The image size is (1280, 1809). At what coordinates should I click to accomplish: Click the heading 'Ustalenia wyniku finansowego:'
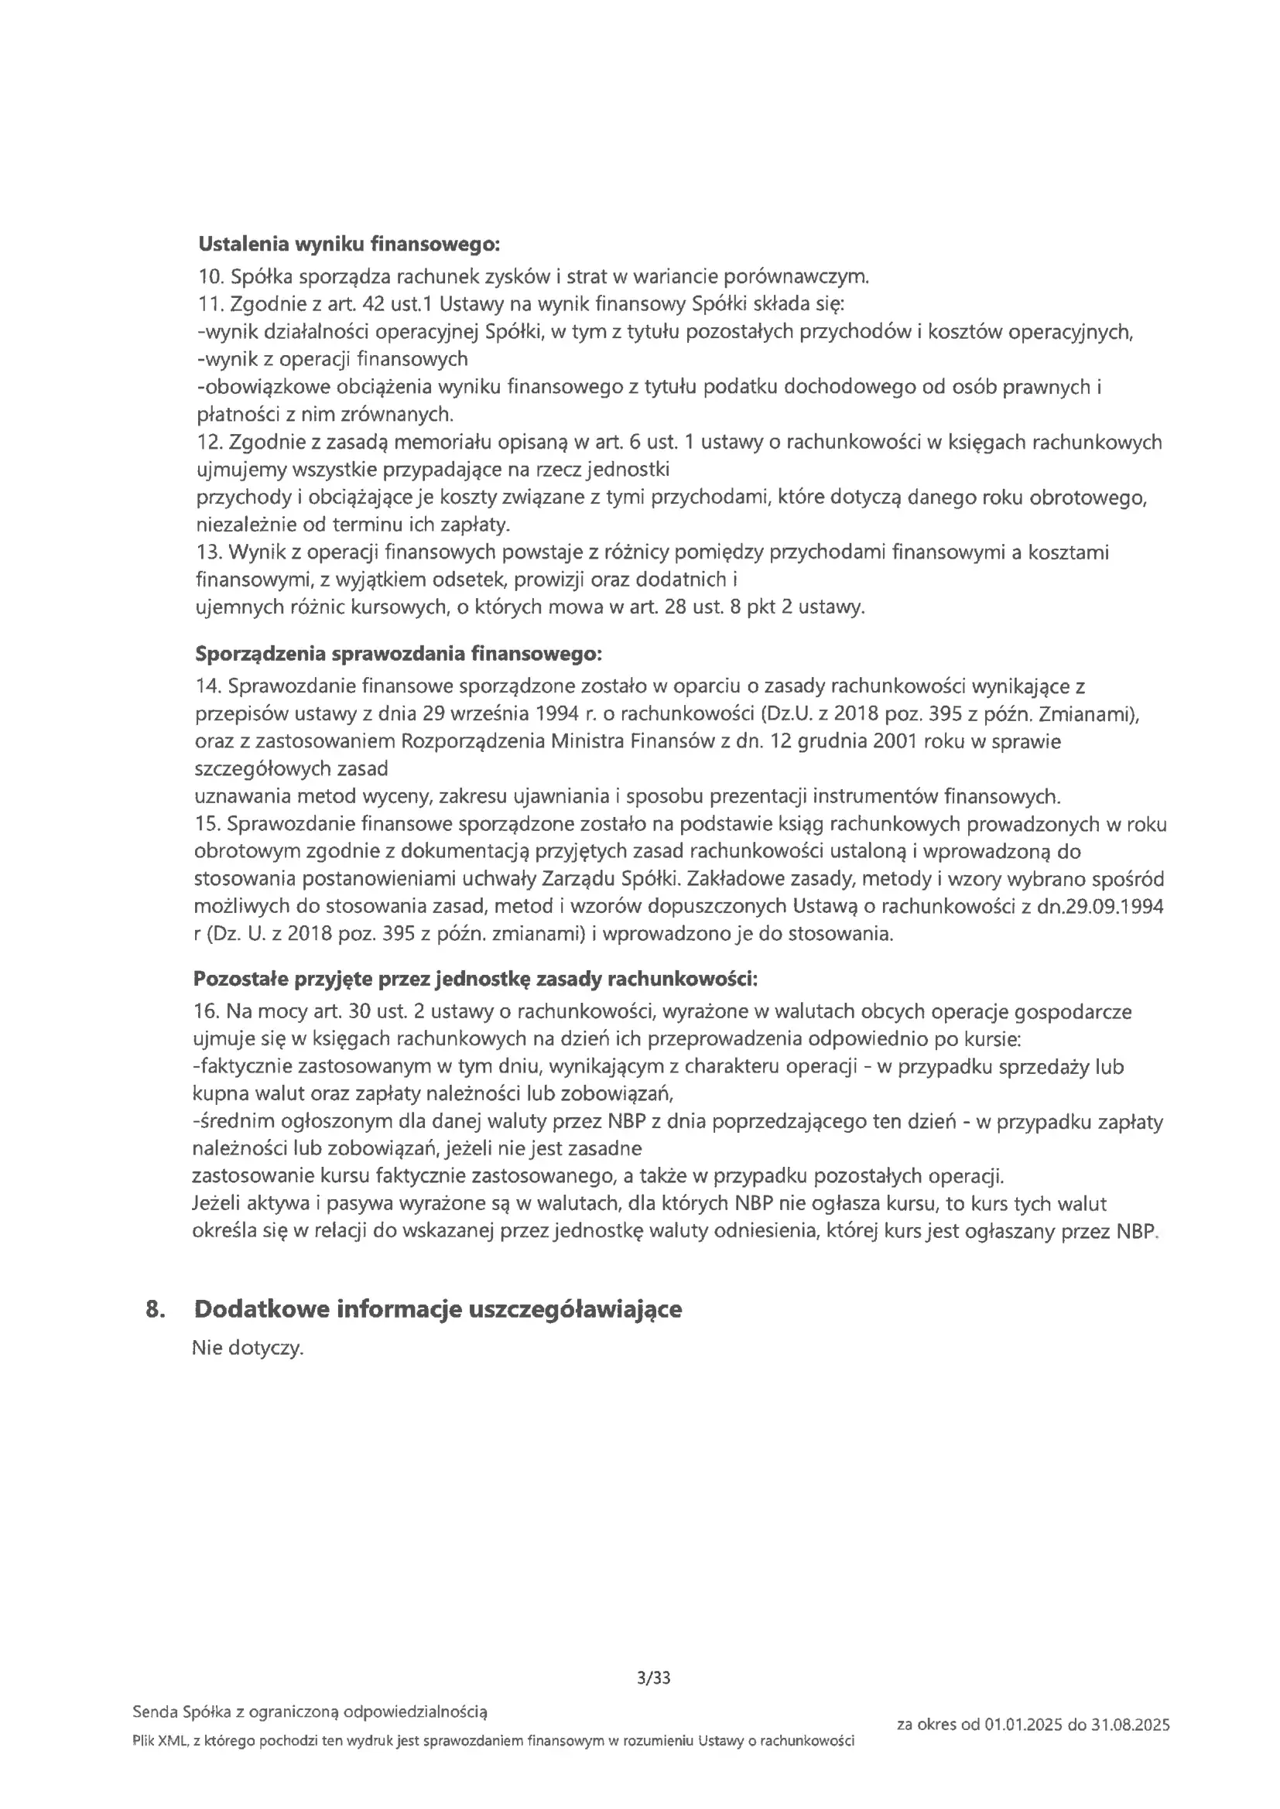pos(348,245)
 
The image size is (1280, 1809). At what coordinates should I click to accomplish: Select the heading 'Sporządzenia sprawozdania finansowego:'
pos(398,654)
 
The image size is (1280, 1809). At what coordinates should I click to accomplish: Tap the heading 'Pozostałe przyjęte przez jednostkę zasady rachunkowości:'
pos(475,980)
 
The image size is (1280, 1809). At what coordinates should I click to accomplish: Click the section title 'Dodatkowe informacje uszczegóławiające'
pos(437,1309)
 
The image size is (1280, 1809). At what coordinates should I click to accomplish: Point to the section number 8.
pos(156,1309)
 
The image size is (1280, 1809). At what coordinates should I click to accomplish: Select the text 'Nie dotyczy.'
pos(248,1348)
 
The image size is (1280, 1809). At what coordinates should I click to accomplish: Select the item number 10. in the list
pos(211,276)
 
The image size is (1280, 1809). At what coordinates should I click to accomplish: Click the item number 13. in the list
pos(209,552)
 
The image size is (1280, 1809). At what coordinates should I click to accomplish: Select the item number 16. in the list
pos(207,1011)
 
